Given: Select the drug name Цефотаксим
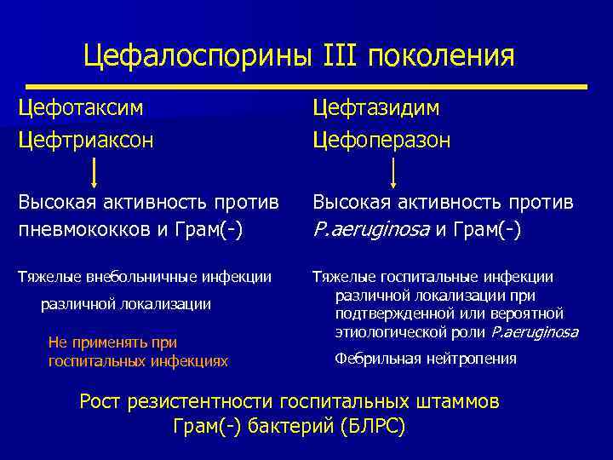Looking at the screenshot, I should pos(81,107).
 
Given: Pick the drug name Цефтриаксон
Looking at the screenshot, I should pos(86,139).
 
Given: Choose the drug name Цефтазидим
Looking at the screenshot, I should pos(375,107).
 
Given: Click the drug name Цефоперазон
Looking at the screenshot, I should pos(381,139).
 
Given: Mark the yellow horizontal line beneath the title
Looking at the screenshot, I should pos(306,86).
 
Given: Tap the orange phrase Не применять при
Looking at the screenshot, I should pos(112,342).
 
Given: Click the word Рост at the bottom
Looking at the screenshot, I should pos(100,400).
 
